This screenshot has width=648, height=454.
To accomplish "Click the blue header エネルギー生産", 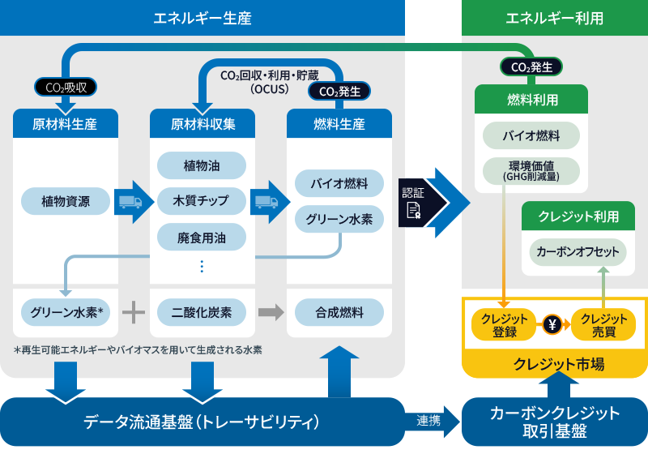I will point(202,17).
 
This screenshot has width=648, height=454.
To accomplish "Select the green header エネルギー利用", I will point(554,17).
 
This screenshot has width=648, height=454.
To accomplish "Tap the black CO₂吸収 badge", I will point(66,86).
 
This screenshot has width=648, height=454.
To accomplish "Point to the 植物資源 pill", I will point(66,200).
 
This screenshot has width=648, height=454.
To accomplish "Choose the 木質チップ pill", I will point(202,200).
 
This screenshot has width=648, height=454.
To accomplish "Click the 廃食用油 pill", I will point(202,238).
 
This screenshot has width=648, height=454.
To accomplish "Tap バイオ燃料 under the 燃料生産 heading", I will point(339,183).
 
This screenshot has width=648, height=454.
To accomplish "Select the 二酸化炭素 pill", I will point(202,312).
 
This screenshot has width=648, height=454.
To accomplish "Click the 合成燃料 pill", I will point(339,312).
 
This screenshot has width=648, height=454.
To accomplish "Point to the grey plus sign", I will point(134,312).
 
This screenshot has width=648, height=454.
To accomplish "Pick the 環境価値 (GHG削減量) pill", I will point(531,169).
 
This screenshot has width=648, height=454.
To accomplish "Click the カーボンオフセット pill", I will point(578,252).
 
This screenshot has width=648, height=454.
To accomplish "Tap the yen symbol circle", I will point(553,324).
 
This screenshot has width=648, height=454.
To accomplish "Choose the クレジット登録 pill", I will point(504,324).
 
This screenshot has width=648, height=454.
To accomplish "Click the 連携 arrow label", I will point(429,422).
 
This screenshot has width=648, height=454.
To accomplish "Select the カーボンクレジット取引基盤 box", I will point(555,422).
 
